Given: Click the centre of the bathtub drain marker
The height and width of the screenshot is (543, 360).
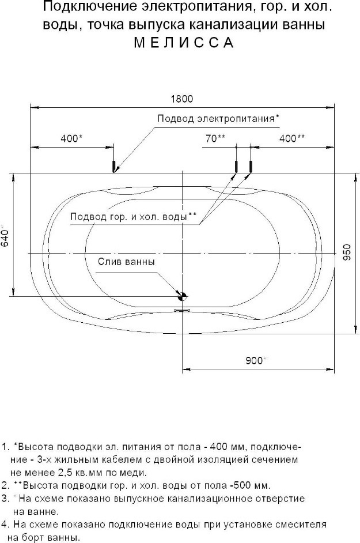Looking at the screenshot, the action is [x=182, y=296].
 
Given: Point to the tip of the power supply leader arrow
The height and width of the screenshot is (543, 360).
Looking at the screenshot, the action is [x=113, y=172].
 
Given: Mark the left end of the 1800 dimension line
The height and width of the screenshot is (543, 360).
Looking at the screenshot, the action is [x=31, y=107].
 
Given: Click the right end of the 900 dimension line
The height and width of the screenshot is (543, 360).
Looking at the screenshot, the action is [x=334, y=369].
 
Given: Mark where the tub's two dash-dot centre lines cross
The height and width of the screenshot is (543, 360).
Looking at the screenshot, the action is [x=182, y=254].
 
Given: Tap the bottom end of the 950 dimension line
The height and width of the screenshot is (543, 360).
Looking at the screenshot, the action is [x=356, y=334].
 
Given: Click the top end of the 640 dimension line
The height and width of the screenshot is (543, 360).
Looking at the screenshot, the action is [x=14, y=173].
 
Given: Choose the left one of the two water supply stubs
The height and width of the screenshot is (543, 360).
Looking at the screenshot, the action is [x=236, y=167].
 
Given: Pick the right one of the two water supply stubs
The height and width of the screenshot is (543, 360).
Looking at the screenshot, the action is [x=251, y=167].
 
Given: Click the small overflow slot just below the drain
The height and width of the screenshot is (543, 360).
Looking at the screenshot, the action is [x=183, y=310].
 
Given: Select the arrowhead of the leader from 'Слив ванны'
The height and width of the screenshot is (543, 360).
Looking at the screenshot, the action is [x=177, y=293].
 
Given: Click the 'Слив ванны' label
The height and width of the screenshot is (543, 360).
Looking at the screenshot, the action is [x=126, y=262].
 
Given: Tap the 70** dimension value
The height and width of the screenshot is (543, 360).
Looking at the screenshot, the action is [x=215, y=138].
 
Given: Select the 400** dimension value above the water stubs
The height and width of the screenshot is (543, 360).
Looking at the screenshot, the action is [x=292, y=138].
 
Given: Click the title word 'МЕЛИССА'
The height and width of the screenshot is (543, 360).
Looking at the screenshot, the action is [x=184, y=42].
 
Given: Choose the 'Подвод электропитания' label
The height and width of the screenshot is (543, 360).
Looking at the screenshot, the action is [x=216, y=118].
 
